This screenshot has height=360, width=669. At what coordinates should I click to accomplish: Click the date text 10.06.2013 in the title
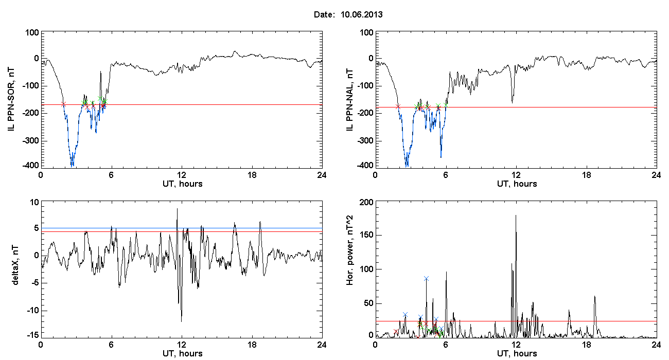361,15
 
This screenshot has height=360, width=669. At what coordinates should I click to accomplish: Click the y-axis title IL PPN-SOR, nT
12,99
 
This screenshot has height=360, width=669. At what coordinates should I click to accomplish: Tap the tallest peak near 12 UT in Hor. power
516,215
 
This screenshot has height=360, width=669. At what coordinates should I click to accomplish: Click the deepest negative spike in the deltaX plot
181,321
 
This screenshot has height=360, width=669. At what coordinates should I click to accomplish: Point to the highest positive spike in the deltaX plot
177,209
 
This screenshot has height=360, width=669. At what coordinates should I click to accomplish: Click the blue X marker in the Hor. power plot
405,314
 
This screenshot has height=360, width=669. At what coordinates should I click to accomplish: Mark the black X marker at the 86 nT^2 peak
426,278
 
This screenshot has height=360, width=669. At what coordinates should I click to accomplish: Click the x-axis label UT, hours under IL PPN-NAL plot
516,184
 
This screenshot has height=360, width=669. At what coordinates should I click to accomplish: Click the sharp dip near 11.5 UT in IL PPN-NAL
512,102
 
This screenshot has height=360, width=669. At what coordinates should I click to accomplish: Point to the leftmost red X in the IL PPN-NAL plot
398,106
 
